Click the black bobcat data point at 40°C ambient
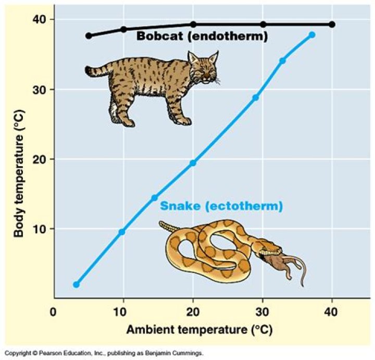332,24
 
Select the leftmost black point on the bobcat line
89,35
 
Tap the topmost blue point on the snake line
312,35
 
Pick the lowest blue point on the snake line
77,284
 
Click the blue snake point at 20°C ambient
193,163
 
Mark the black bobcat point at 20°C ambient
193,24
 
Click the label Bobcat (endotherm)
202,36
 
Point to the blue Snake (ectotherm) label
221,206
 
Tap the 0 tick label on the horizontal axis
53,312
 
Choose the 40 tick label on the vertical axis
40,19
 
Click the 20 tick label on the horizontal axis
193,312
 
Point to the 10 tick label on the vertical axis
40,229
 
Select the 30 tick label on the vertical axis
40,90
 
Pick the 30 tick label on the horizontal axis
262,312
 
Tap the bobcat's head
203,68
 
